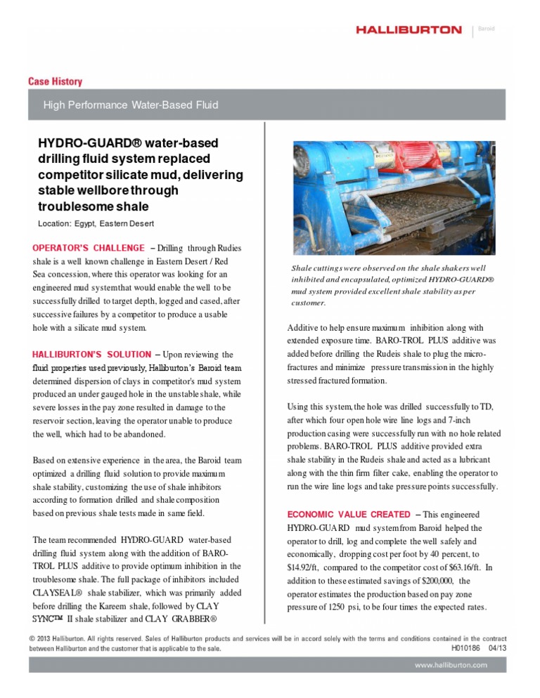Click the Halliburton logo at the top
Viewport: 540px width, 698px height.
(x=409, y=30)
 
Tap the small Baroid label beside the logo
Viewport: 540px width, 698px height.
(x=487, y=29)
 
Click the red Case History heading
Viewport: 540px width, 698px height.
(x=55, y=81)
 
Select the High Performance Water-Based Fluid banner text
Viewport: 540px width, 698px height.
(x=131, y=105)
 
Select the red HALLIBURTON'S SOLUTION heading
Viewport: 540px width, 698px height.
(x=91, y=355)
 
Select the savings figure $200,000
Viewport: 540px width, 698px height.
(x=437, y=581)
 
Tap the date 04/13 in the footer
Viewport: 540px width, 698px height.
(x=496, y=648)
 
